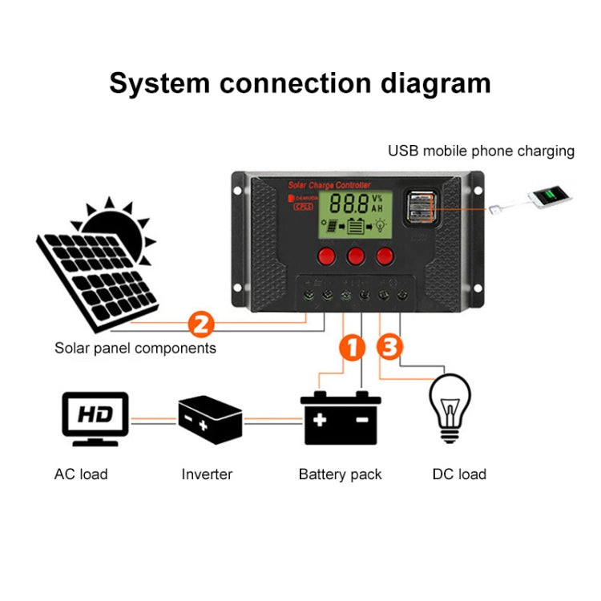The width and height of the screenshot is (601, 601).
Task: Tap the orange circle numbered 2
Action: point(200,325)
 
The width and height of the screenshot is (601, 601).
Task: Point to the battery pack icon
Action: point(341,417)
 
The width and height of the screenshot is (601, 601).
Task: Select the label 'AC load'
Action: point(81,474)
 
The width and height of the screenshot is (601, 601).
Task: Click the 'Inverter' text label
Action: point(207,474)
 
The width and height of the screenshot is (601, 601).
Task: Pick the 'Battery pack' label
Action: point(340,474)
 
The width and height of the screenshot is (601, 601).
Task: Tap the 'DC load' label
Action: point(459,474)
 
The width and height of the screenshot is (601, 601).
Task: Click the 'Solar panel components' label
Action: point(135,349)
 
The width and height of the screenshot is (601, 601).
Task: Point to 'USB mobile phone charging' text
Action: point(481,151)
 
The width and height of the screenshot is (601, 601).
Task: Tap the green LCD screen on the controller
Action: point(353,215)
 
